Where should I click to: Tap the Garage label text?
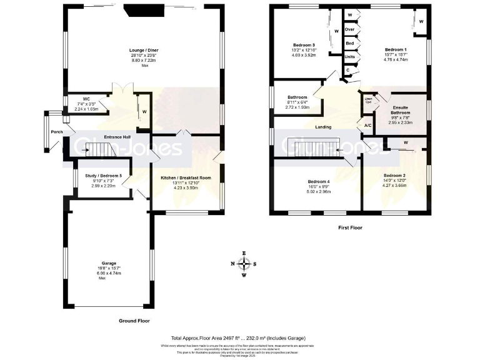(109, 263)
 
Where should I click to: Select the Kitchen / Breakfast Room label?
(186, 178)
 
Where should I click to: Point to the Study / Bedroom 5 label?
(104, 176)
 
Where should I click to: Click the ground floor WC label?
(86, 99)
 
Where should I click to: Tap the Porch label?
(56, 132)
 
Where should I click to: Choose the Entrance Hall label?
(117, 137)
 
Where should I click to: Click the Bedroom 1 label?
(395, 49)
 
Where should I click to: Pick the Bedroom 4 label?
(319, 181)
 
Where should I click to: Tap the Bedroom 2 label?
(395, 176)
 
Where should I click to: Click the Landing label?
(323, 127)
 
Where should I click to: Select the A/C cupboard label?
(367, 125)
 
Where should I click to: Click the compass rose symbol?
(244, 263)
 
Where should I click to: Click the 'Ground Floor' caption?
(134, 321)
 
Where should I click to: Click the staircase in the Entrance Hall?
(96, 150)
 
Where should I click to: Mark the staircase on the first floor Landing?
(316, 149)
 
